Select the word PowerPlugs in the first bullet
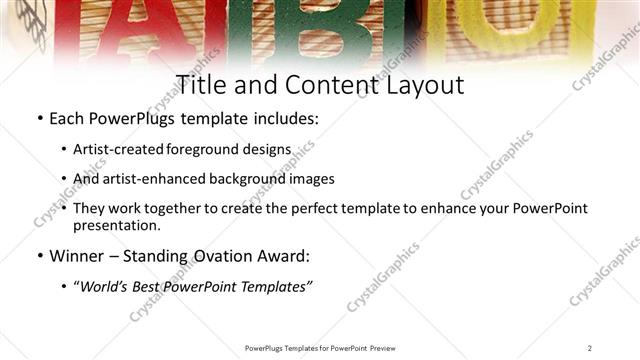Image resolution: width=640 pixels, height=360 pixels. point(133,119)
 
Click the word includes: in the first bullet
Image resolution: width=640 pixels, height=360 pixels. point(283,119)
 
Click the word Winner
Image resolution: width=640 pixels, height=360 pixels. point(79,256)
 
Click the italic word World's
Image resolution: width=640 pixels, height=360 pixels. point(107,287)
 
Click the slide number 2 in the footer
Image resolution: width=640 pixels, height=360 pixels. point(589,347)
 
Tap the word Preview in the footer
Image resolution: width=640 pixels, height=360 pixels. point(384,347)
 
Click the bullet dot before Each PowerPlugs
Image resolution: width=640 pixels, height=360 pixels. point(40,119)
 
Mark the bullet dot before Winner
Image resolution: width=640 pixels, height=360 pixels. point(40,256)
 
